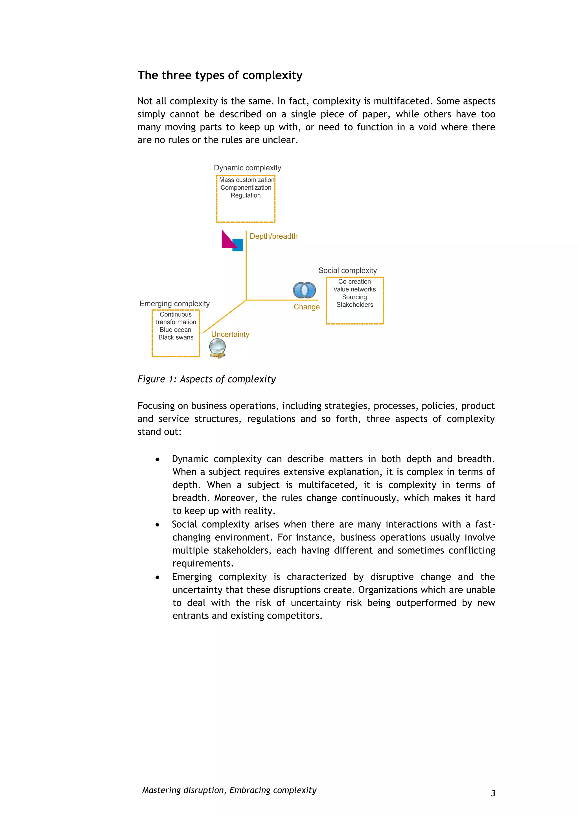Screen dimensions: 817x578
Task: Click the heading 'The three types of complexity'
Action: (x=220, y=75)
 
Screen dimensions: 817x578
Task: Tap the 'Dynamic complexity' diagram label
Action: (x=247, y=168)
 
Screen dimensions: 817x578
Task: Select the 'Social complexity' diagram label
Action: (x=347, y=271)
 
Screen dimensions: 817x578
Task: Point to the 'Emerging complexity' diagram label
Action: (x=174, y=304)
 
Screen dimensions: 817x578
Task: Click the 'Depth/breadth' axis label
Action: (x=273, y=236)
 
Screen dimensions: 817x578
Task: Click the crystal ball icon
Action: (x=218, y=348)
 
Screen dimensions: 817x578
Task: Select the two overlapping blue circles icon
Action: (x=304, y=290)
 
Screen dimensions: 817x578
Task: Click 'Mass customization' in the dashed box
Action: (x=246, y=180)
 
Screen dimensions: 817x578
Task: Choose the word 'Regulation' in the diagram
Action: (x=246, y=195)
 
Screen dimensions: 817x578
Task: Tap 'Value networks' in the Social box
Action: (x=354, y=289)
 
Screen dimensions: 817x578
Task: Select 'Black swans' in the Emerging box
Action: (x=176, y=337)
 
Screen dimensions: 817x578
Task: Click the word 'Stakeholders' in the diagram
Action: (x=354, y=305)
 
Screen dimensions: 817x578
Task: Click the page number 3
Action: (x=493, y=793)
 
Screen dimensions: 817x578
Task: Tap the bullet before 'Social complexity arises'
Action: (x=157, y=525)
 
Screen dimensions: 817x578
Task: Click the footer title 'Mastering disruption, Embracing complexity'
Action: (x=229, y=790)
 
